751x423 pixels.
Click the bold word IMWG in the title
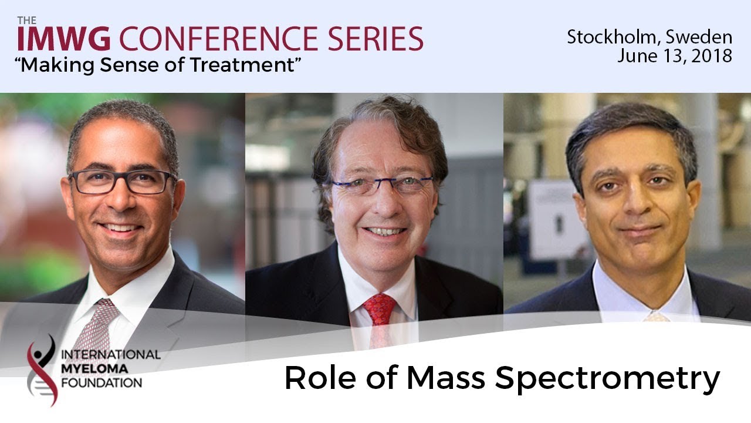[64, 39]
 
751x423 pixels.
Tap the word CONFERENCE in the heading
[218, 39]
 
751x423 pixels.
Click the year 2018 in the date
[711, 56]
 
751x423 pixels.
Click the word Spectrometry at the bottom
[607, 378]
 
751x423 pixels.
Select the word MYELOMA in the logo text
[94, 369]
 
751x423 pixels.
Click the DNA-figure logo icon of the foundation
[42, 370]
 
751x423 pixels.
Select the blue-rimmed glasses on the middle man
[381, 184]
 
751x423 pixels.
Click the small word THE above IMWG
[27, 21]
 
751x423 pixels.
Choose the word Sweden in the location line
[699, 37]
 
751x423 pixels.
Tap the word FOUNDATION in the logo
[102, 383]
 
